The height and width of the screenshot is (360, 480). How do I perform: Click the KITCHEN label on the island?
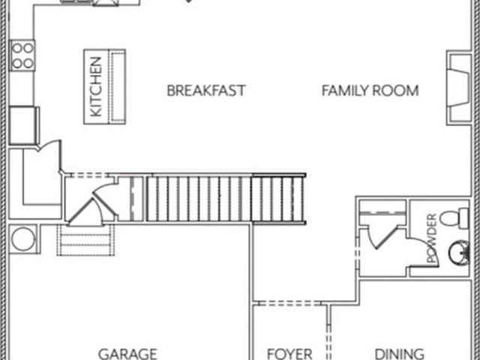(96, 87)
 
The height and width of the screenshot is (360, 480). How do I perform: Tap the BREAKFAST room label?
(206, 91)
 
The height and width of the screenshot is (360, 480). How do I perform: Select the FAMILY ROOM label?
(370, 91)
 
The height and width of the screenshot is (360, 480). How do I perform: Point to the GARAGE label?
(127, 354)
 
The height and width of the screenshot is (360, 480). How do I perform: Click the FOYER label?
(289, 354)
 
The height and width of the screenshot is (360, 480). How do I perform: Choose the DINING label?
(400, 354)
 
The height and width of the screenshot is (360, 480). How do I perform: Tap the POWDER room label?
(432, 238)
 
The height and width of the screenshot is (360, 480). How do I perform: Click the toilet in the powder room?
(454, 218)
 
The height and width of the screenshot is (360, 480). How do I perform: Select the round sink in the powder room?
(459, 253)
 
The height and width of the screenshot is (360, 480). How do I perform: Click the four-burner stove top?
(22, 55)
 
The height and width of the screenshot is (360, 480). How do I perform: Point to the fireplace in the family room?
(458, 88)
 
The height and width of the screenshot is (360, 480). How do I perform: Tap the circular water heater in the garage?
(23, 238)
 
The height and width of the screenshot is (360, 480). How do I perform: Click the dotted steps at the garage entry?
(85, 240)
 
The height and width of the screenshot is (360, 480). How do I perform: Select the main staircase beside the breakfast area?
(226, 198)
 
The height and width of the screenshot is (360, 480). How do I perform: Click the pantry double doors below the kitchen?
(49, 147)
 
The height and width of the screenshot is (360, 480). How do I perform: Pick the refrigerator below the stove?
(24, 125)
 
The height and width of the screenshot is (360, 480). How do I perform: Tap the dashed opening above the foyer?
(289, 303)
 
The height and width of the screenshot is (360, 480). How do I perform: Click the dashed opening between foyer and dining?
(328, 342)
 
